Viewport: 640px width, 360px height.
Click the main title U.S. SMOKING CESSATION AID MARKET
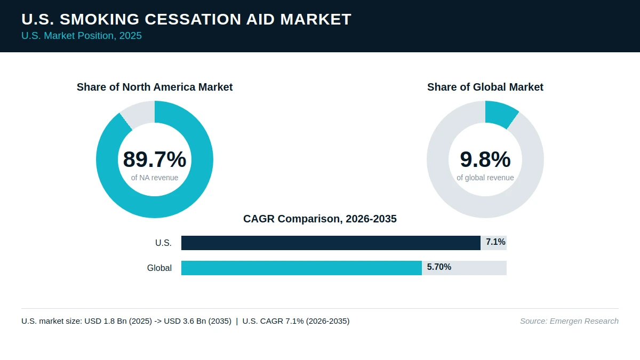coord(186,19)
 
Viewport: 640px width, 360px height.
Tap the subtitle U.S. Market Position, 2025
coord(82,36)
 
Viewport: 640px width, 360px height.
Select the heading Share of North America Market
coord(155,87)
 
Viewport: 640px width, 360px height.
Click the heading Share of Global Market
coord(485,87)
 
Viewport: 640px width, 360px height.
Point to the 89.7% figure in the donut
coord(155,159)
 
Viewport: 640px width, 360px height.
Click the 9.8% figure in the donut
coord(485,159)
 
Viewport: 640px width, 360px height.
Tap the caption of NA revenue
coord(155,178)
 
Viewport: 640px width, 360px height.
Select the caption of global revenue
coord(485,178)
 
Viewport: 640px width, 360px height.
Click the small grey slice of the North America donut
coord(139,114)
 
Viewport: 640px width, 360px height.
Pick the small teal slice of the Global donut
coord(501,114)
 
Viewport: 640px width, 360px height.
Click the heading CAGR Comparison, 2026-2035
coord(319,219)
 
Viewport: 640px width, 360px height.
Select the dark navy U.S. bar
coord(331,243)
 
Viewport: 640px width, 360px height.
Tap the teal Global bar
coord(301,268)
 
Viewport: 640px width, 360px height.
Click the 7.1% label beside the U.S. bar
coord(495,242)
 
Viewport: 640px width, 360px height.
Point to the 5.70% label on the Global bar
coord(439,267)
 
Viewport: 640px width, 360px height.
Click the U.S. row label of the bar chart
coord(163,243)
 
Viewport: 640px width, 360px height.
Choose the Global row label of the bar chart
coord(159,268)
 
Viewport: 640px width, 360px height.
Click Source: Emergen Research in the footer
coord(569,321)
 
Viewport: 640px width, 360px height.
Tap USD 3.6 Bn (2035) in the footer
coord(197,321)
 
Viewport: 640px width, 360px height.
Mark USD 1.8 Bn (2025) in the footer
coord(118,321)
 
